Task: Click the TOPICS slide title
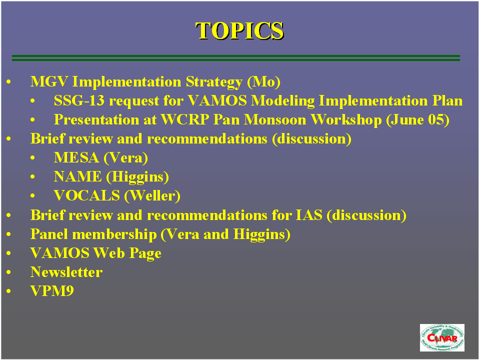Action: click(x=239, y=30)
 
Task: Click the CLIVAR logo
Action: click(x=442, y=337)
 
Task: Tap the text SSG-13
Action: click(x=79, y=100)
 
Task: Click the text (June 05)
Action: click(x=417, y=120)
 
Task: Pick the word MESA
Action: click(x=76, y=157)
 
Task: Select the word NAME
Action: click(x=78, y=176)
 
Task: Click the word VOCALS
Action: click(x=87, y=196)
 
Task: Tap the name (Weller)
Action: click(x=152, y=196)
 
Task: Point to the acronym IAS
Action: click(x=309, y=215)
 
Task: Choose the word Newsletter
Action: click(x=66, y=272)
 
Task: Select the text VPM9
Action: click(x=52, y=291)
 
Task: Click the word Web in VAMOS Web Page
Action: click(x=109, y=253)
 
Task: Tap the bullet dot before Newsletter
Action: click(x=8, y=272)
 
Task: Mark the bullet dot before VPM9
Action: click(x=8, y=291)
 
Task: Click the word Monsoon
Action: click(x=275, y=119)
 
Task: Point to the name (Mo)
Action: click(x=263, y=82)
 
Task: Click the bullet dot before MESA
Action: click(x=32, y=158)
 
